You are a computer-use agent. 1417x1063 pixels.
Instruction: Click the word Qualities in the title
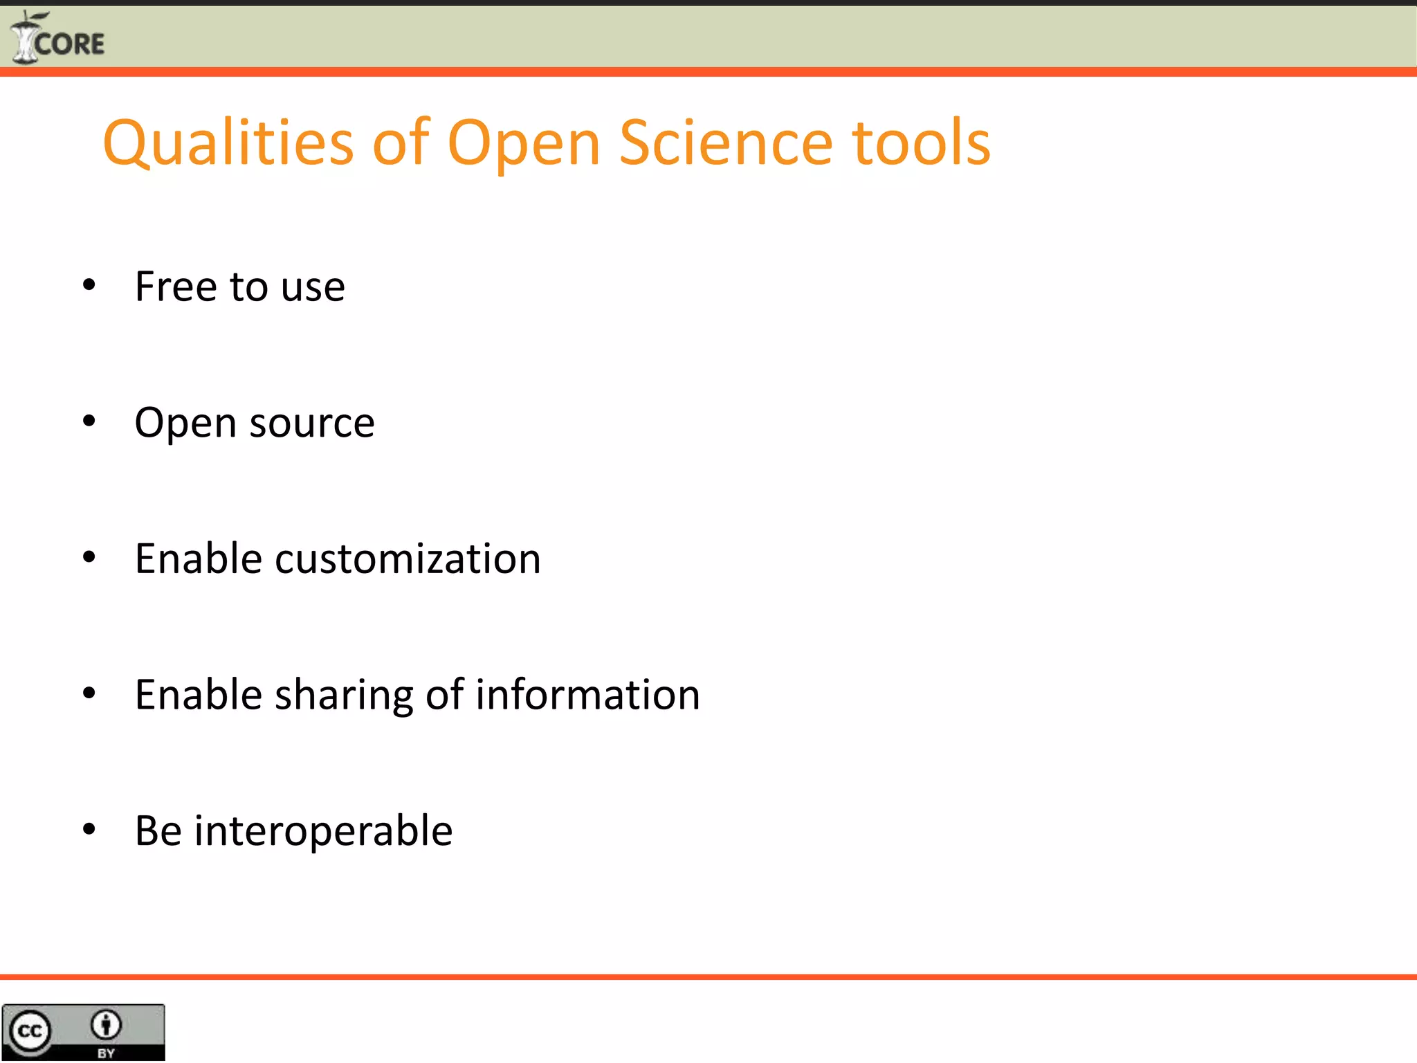click(228, 143)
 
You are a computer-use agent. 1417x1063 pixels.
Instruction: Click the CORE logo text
click(69, 44)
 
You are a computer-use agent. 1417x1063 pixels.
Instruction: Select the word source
click(312, 424)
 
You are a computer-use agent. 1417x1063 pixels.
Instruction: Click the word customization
click(408, 559)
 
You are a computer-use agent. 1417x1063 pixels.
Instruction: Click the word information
click(587, 694)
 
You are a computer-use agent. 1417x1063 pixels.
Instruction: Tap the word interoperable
click(323, 830)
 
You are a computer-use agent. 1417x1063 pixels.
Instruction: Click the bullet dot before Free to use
click(89, 285)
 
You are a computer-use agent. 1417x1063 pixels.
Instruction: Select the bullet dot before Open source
click(89, 421)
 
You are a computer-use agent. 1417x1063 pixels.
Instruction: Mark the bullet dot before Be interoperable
click(89, 829)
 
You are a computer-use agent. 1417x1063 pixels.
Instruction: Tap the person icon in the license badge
click(106, 1025)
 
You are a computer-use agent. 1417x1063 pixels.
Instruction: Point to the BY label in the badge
click(106, 1053)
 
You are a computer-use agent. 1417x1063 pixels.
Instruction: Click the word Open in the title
click(524, 143)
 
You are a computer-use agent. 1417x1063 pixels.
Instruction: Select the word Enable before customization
click(198, 558)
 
